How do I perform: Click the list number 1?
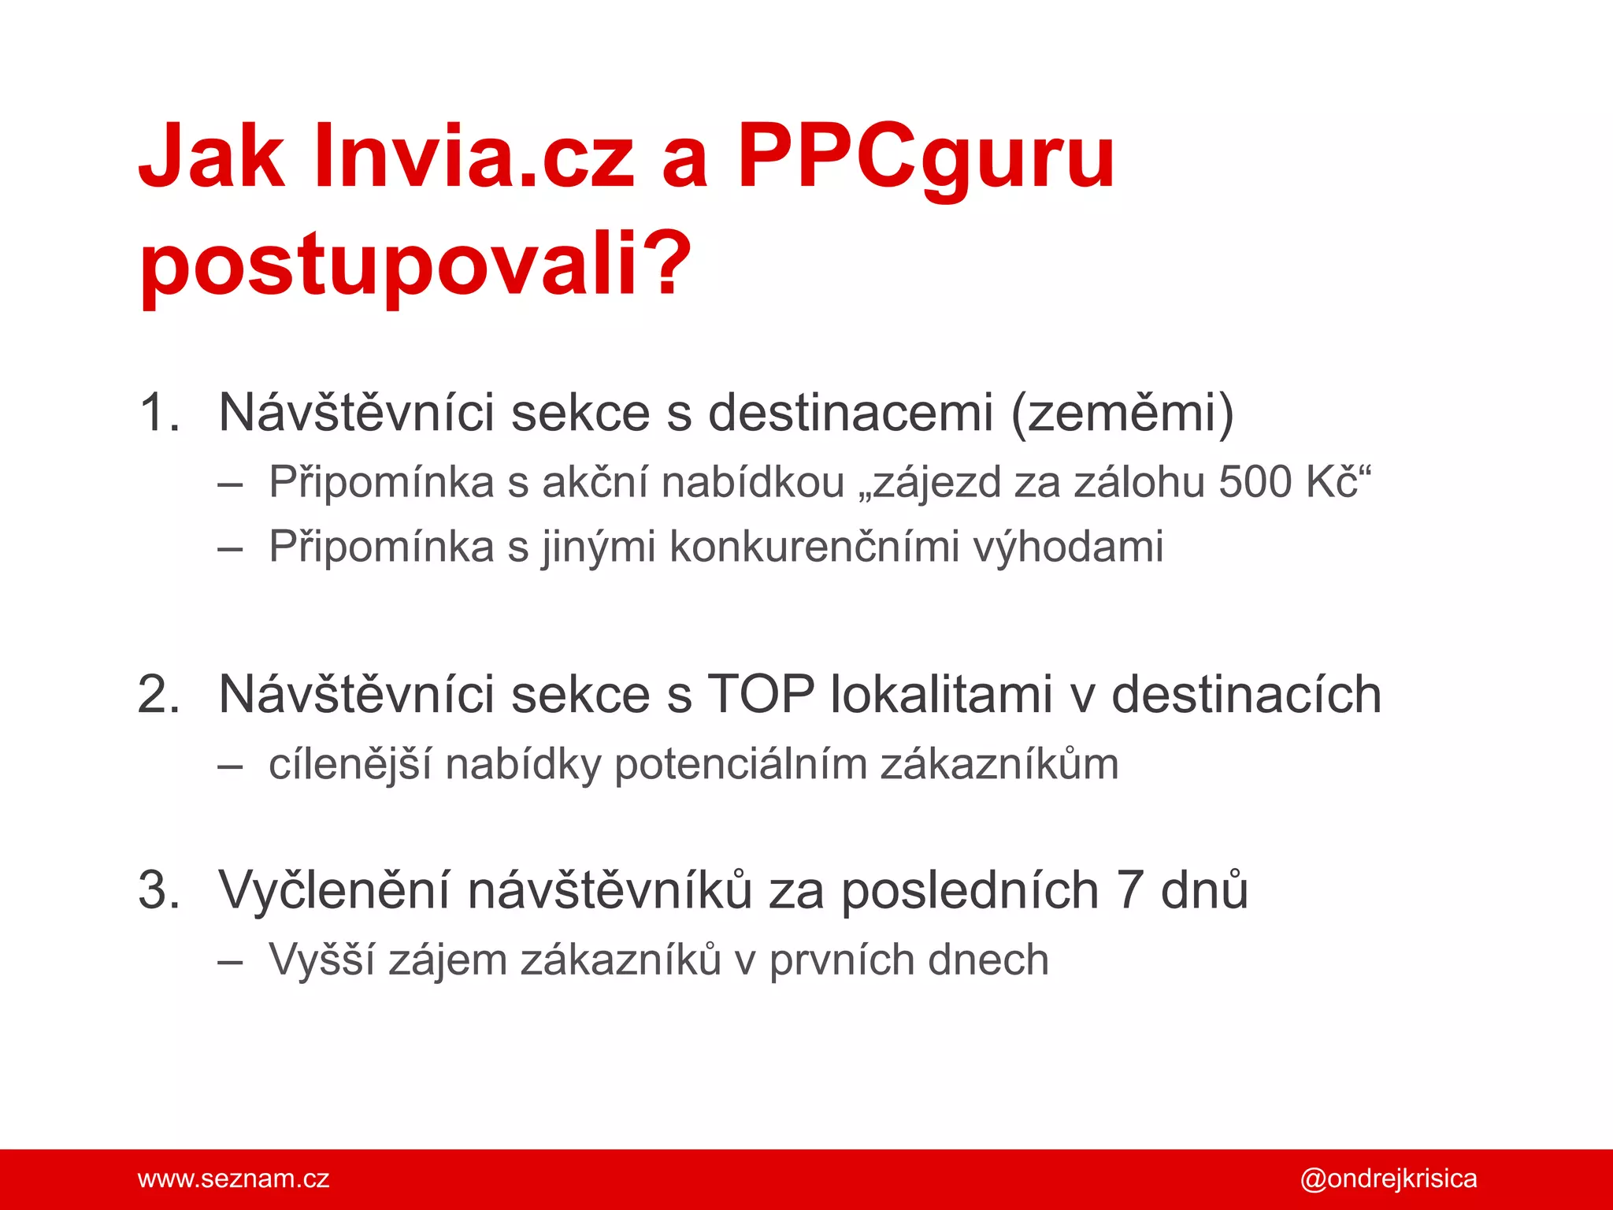tap(158, 412)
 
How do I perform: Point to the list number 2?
tap(158, 695)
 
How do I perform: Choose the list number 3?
tap(158, 890)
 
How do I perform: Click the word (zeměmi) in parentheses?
tap(1122, 412)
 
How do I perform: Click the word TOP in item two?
tap(761, 695)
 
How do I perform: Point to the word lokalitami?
tap(941, 695)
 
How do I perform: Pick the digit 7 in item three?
tap(1129, 890)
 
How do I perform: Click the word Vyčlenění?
tap(335, 890)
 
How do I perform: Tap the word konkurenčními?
tap(814, 547)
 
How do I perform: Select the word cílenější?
tap(350, 765)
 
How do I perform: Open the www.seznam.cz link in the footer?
tap(233, 1178)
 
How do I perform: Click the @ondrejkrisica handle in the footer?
tap(1388, 1178)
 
